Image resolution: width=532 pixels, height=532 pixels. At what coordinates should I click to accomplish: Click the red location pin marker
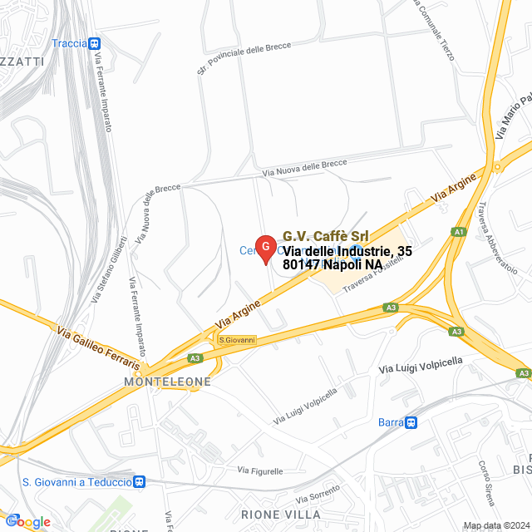click(264, 248)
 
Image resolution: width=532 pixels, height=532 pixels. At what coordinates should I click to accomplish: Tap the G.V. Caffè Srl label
click(326, 236)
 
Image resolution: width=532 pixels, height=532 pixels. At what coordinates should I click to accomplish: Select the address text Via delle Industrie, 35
click(347, 250)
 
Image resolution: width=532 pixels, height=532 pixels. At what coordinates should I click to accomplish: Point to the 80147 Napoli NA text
click(332, 264)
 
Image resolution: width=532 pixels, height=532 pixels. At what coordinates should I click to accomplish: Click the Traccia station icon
click(96, 43)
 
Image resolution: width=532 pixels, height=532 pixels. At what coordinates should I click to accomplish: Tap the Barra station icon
click(411, 422)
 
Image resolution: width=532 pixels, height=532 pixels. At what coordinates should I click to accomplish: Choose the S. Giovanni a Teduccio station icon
click(140, 481)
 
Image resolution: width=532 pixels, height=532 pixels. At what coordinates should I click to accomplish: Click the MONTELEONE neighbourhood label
click(167, 382)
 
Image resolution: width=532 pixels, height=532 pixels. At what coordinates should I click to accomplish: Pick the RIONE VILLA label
click(279, 515)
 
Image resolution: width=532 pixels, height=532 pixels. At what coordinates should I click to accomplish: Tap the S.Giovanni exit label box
click(237, 339)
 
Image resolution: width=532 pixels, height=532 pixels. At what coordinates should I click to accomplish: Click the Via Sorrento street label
click(307, 497)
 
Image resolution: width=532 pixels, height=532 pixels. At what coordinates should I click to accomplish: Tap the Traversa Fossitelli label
click(372, 273)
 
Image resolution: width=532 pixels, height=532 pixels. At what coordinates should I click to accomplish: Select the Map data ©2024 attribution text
click(495, 525)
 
